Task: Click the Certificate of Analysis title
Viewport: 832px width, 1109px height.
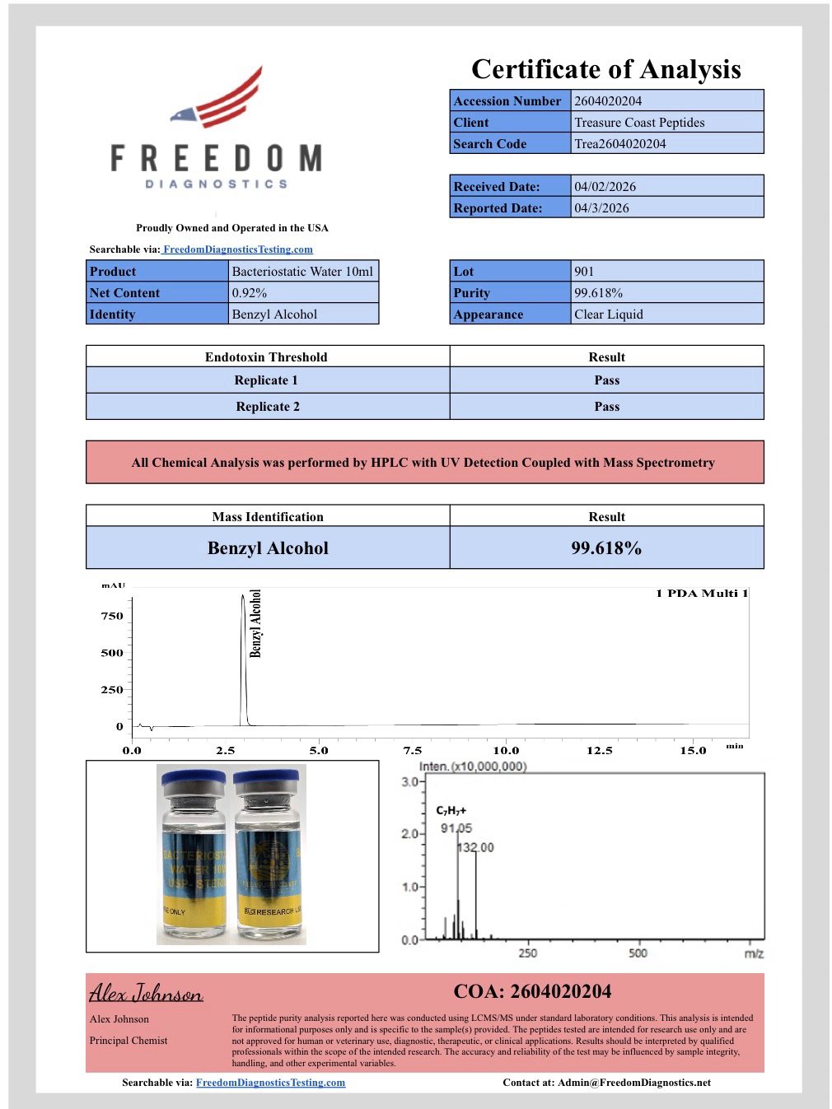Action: click(x=606, y=69)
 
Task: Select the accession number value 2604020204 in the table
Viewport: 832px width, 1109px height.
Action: click(x=608, y=101)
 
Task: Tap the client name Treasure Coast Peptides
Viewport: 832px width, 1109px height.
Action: click(x=639, y=123)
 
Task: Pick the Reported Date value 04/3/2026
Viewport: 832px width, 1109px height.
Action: click(x=601, y=208)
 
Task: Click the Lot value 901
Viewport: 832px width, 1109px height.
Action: click(x=584, y=272)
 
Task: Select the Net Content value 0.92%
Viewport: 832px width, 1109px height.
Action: click(x=250, y=293)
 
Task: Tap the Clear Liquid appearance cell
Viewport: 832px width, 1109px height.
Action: click(x=609, y=315)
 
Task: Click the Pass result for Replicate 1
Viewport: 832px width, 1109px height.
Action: click(x=606, y=380)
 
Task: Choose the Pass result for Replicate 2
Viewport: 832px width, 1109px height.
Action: click(x=606, y=407)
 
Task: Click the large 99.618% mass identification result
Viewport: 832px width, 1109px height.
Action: click(x=606, y=548)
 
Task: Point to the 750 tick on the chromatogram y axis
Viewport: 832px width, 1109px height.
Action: click(x=112, y=616)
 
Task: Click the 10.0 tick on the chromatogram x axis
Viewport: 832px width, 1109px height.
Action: click(x=506, y=750)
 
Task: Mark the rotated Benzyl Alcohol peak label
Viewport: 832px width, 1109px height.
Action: click(x=255, y=623)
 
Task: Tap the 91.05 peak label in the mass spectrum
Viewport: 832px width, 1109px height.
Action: click(x=456, y=828)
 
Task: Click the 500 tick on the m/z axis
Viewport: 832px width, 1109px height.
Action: click(x=638, y=953)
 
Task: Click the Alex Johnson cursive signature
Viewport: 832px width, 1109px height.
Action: click(x=146, y=993)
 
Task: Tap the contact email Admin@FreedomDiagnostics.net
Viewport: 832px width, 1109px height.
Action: click(x=633, y=1083)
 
